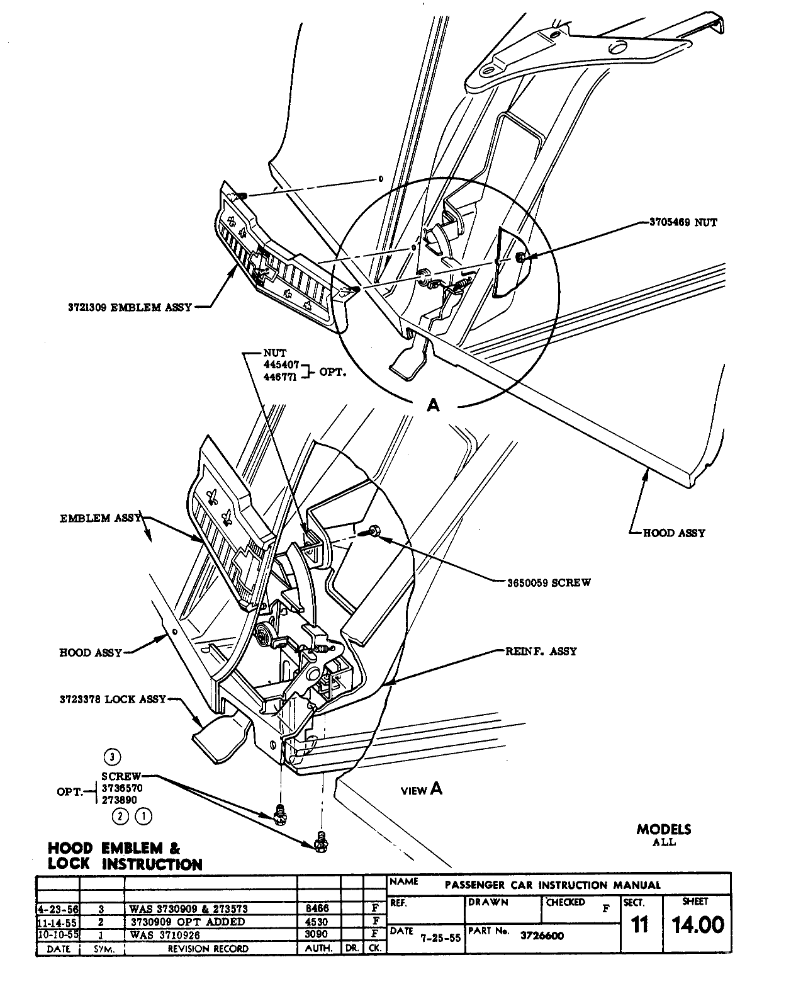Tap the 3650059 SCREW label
tap(549, 582)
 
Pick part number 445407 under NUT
tap(281, 365)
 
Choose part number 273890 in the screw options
tap(119, 800)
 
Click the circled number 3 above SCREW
tap(111, 757)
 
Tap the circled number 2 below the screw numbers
tap(120, 817)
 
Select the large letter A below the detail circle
tap(433, 406)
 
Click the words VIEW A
tap(422, 789)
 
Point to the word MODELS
tap(663, 830)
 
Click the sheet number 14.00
tap(698, 925)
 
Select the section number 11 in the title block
tap(639, 926)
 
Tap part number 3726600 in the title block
tap(542, 936)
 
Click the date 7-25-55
tap(441, 937)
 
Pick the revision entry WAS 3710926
tap(164, 935)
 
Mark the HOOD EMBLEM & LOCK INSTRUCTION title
tap(125, 856)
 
